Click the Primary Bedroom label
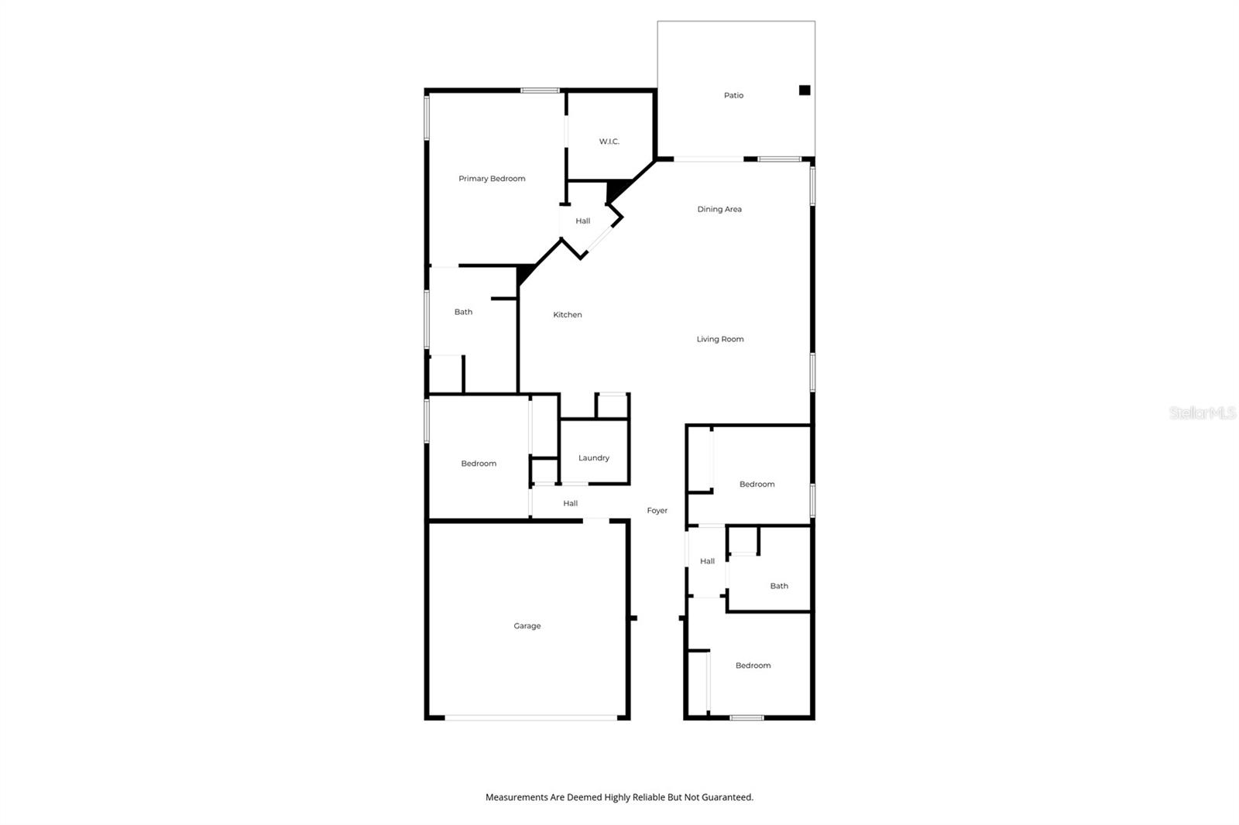[x=492, y=179]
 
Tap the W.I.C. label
[x=609, y=142]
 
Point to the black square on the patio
[x=805, y=91]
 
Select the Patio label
[x=733, y=95]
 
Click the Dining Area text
[x=719, y=209]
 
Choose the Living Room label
[x=719, y=339]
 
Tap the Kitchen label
[x=567, y=315]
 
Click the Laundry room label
[x=594, y=458]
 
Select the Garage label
[x=527, y=626]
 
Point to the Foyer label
[x=657, y=511]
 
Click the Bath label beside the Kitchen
[x=463, y=312]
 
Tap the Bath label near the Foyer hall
[x=779, y=586]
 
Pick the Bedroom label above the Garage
[x=479, y=464]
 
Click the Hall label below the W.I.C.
[x=582, y=221]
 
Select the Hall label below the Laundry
[x=570, y=504]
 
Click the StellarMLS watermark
[x=1202, y=413]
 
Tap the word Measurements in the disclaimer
[x=517, y=797]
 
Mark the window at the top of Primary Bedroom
[x=540, y=91]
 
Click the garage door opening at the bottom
[x=530, y=718]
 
